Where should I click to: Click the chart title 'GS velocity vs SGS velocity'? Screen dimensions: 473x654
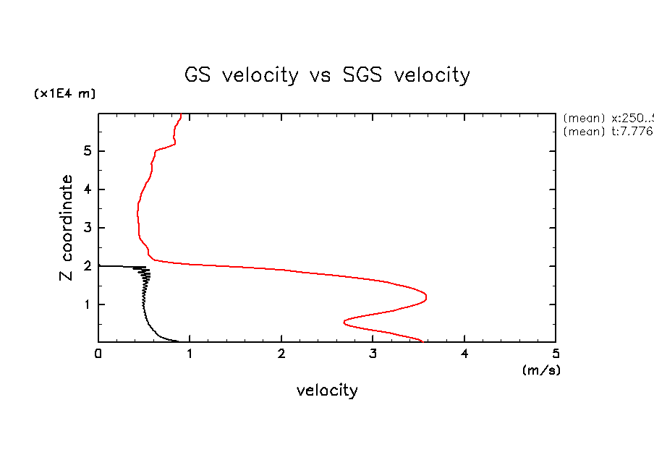(x=327, y=75)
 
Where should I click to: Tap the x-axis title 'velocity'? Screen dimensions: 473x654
(x=327, y=391)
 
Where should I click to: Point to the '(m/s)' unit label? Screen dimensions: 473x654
(x=541, y=370)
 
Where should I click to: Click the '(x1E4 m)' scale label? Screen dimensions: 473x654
(x=64, y=94)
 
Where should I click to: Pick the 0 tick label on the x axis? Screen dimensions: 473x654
(x=98, y=354)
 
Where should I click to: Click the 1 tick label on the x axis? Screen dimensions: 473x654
(x=190, y=354)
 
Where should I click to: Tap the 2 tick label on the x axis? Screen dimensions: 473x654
(x=281, y=354)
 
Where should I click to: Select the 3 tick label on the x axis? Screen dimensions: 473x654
(x=373, y=354)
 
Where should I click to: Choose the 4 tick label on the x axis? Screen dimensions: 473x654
(x=464, y=354)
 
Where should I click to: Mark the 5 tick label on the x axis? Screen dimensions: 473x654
(x=556, y=354)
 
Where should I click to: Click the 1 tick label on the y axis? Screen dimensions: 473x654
(x=87, y=304)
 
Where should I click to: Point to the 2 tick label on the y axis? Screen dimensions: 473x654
(x=87, y=266)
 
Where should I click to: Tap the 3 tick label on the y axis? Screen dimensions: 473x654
(x=87, y=228)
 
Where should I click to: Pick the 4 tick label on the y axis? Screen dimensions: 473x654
(x=87, y=189)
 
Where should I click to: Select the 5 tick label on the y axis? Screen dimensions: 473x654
(x=87, y=151)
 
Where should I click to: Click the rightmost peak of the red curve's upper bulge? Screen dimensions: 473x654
(x=425, y=297)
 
